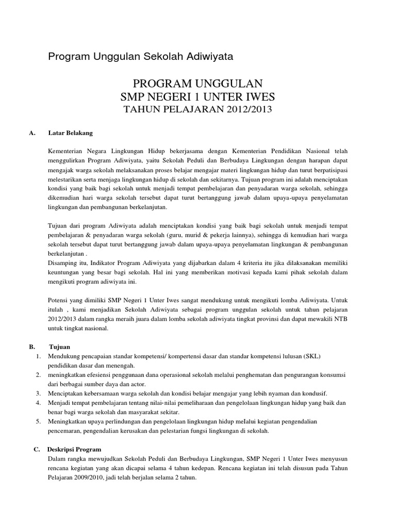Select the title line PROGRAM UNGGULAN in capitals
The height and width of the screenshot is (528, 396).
tap(198, 84)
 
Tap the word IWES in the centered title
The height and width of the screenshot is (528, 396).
tap(261, 96)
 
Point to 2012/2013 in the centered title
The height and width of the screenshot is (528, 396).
tap(244, 109)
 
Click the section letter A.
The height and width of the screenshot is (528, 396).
tap(32, 133)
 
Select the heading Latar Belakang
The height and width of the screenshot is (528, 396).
tap(70, 133)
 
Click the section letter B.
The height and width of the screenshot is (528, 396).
tap(32, 347)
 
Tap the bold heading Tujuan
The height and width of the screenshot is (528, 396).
tap(60, 347)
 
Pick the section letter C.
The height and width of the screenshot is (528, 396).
tap(37, 449)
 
